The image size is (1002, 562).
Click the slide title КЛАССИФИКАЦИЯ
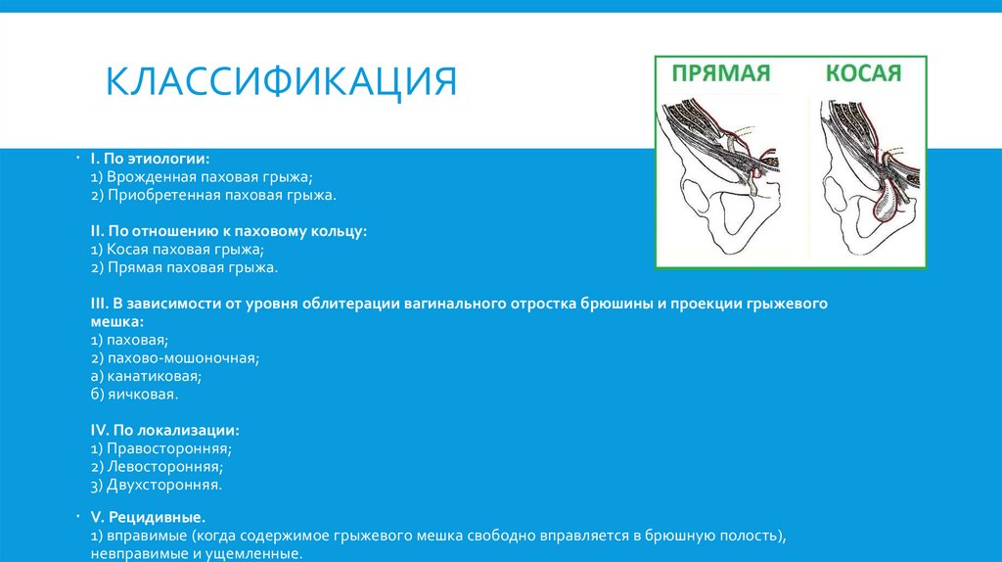click(282, 81)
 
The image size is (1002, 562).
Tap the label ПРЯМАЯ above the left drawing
click(721, 73)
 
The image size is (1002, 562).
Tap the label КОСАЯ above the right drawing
click(862, 73)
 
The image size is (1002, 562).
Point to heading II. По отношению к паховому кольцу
click(228, 231)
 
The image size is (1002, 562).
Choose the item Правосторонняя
click(160, 448)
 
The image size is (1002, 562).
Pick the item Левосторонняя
click(157, 466)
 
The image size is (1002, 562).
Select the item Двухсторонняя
click(156, 484)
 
